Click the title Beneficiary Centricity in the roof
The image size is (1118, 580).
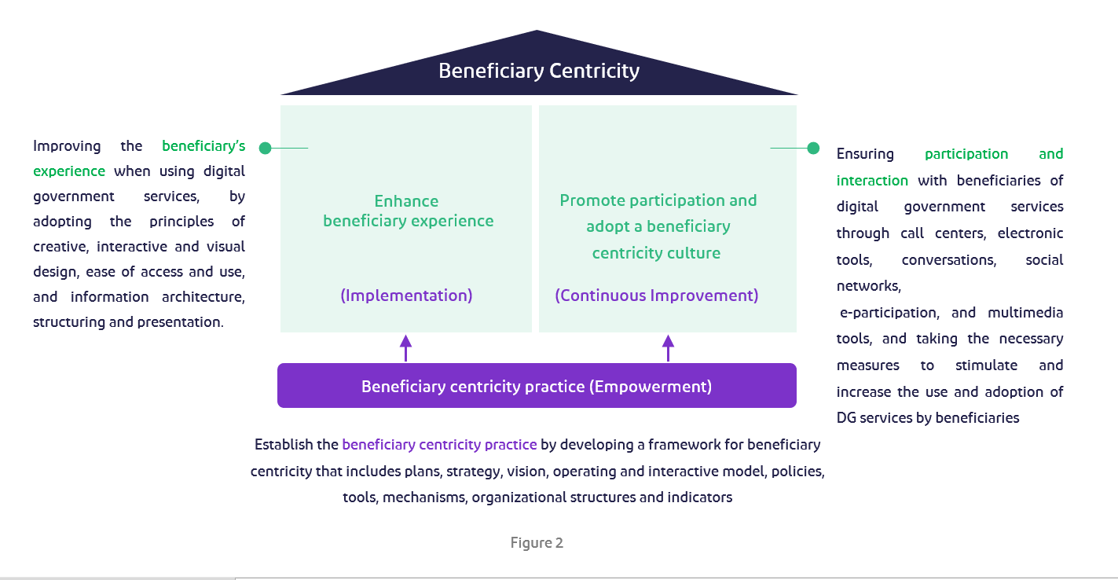[538, 71]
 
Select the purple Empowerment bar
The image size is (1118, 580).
[537, 386]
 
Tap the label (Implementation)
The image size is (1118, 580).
[406, 296]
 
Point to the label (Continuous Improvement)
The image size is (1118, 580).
[657, 296]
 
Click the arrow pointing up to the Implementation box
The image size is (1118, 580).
[405, 347]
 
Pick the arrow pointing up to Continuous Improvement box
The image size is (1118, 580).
[668, 347]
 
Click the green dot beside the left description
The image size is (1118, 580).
[265, 148]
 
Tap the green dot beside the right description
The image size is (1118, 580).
[813, 148]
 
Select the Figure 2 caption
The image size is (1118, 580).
[537, 543]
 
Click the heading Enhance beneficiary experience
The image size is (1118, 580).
[408, 211]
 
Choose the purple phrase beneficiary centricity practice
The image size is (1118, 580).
[439, 445]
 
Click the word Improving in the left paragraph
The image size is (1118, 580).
[67, 146]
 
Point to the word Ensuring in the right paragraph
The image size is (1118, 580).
[865, 154]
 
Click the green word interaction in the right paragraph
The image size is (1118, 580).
[872, 181]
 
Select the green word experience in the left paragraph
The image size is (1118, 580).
[69, 171]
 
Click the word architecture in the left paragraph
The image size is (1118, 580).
[203, 297]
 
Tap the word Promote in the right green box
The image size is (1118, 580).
[589, 200]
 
